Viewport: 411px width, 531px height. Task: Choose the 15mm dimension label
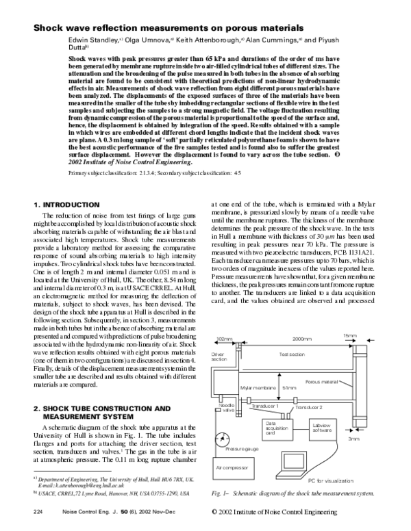tap(350, 335)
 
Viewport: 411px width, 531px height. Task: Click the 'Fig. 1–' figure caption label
tap(221, 492)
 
